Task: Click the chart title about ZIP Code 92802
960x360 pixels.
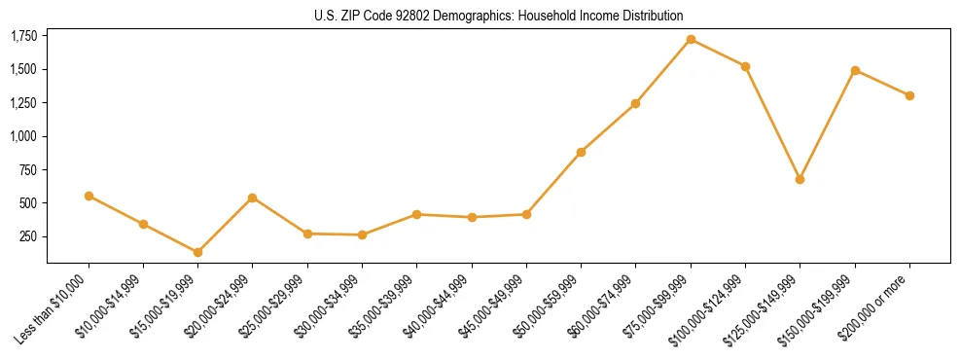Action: [498, 16]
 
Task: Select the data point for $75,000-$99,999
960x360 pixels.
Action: [691, 40]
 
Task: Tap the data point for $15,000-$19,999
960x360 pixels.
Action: [197, 252]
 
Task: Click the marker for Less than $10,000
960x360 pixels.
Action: [89, 196]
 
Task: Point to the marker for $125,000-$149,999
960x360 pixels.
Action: [800, 179]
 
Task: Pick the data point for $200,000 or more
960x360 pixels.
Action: [909, 95]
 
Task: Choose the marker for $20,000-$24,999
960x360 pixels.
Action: [253, 198]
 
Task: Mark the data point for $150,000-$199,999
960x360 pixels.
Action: [855, 70]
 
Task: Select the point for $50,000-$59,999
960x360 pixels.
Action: [581, 152]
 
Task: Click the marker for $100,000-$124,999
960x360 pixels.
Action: [745, 66]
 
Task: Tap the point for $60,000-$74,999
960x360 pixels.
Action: [635, 103]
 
